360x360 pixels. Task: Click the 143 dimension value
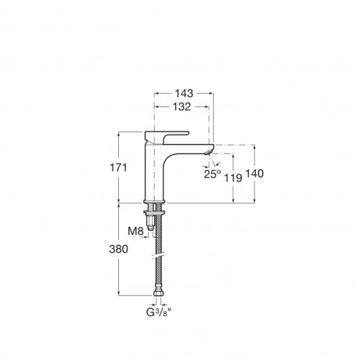coord(184,93)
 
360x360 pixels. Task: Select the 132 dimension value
coord(182,106)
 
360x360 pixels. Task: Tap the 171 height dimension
coord(118,167)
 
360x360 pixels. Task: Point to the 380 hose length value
coord(119,250)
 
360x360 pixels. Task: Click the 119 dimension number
coord(233,178)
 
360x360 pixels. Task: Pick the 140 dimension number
coord(254,174)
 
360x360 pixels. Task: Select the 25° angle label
coord(212,174)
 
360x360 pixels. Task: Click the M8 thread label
coord(135,231)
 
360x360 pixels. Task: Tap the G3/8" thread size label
coord(159,312)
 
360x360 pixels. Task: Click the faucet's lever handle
coord(166,136)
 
